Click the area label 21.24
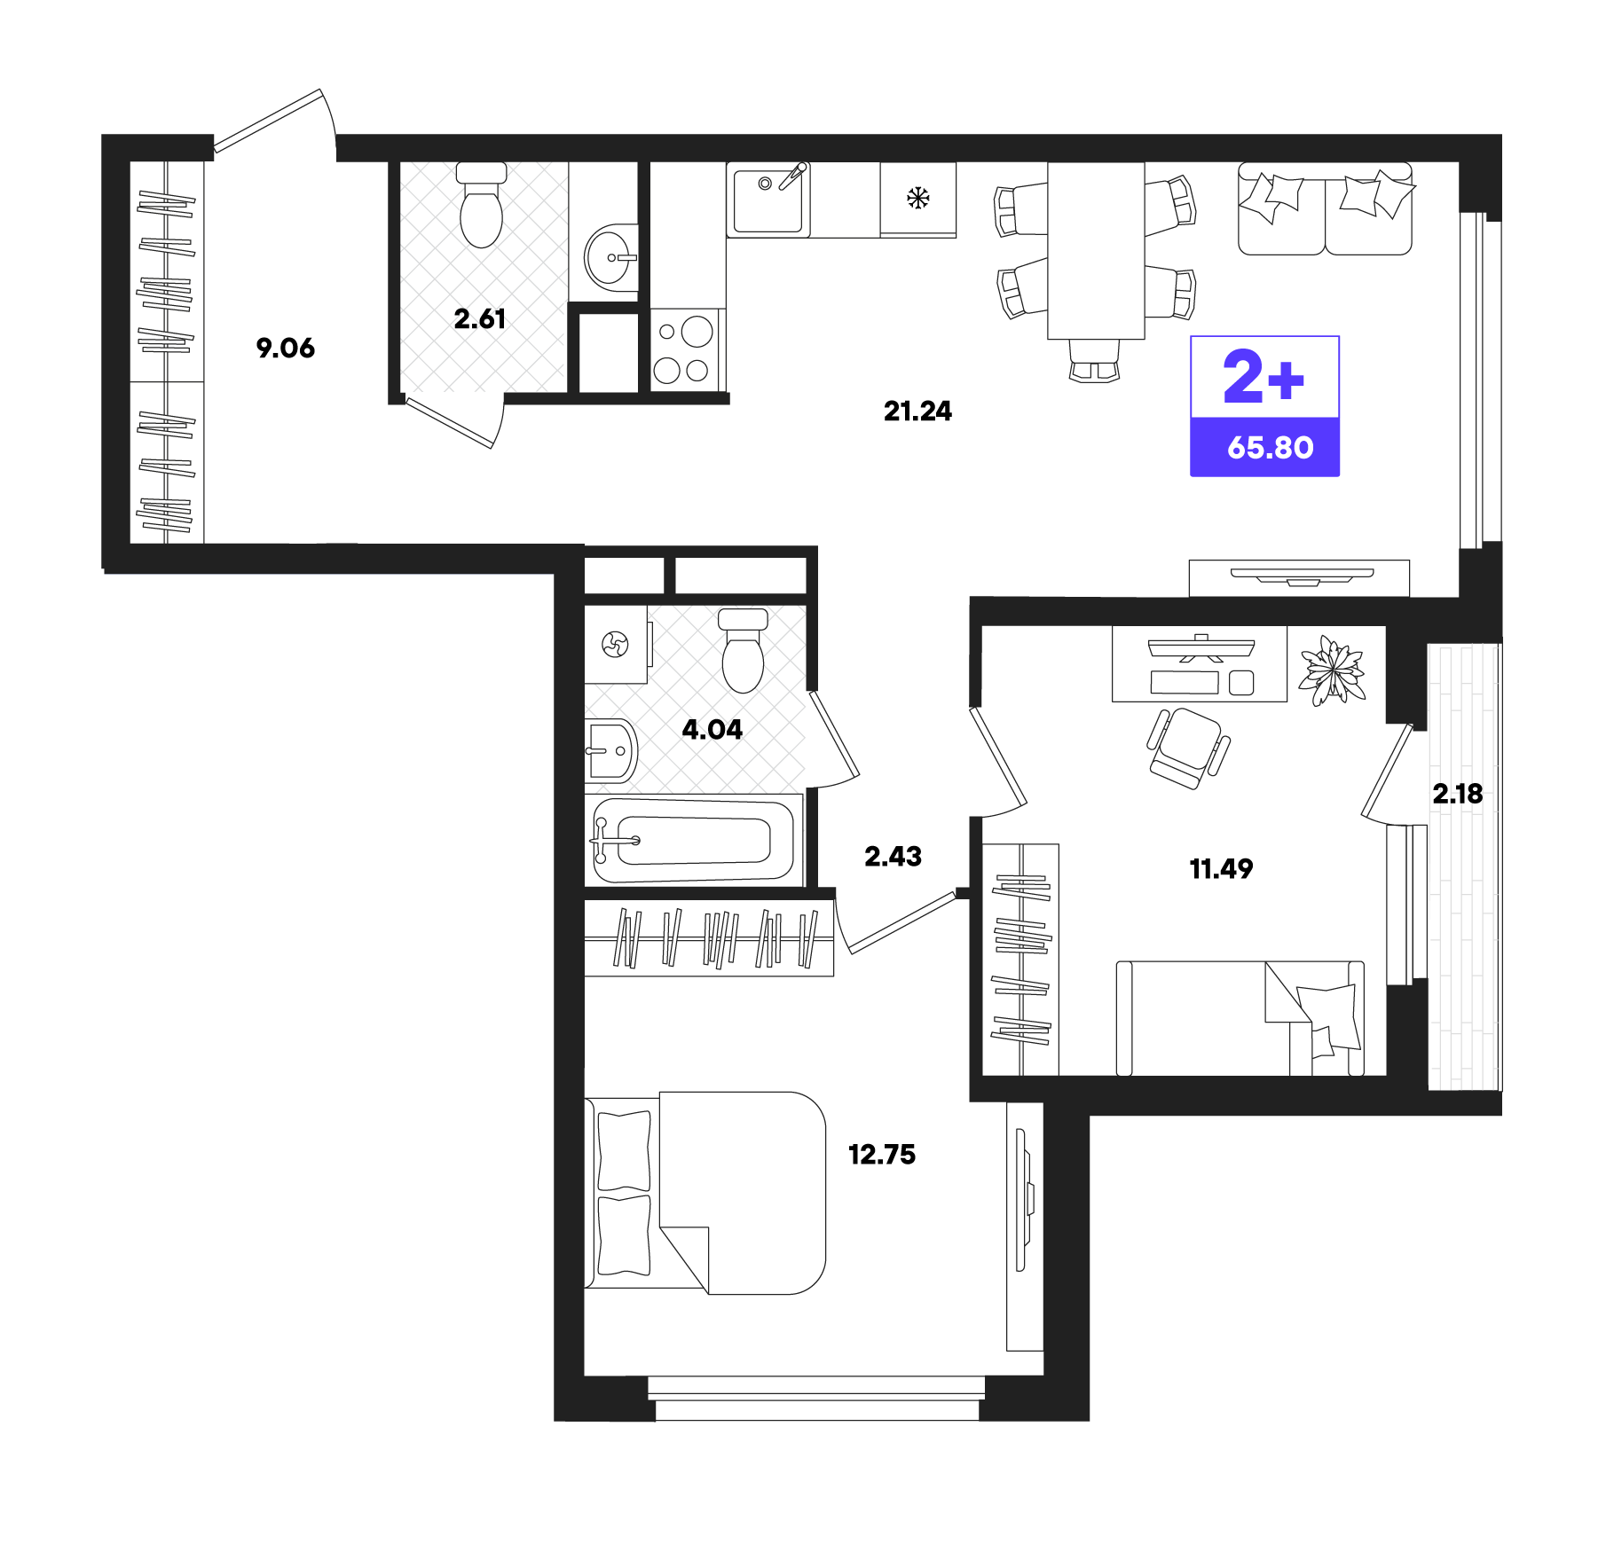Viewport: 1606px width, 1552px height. point(917,412)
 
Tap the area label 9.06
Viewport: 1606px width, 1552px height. point(285,348)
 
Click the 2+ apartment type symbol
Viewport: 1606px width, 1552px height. point(1264,378)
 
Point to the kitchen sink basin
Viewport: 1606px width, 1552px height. point(768,201)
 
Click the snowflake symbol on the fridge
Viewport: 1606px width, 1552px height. point(917,198)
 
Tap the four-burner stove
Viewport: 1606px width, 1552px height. point(682,350)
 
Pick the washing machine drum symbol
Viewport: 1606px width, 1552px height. point(615,644)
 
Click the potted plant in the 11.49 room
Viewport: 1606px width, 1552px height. point(1331,670)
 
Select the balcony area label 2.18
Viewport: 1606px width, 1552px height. point(1457,794)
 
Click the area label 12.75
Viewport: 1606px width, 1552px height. point(881,1155)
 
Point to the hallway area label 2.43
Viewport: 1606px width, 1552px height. point(893,857)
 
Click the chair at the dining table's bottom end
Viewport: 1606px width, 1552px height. point(1094,362)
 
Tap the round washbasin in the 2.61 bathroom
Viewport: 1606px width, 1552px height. point(610,257)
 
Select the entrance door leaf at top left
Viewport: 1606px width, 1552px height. point(269,119)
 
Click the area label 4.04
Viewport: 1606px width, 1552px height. point(712,730)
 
